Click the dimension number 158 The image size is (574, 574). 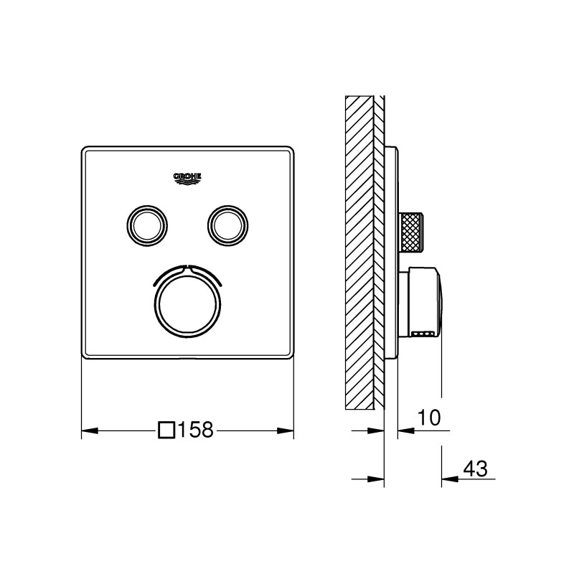[x=195, y=430]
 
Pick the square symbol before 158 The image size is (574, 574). [x=166, y=430]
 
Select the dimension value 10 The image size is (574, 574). [x=430, y=418]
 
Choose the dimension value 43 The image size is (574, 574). [x=476, y=469]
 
